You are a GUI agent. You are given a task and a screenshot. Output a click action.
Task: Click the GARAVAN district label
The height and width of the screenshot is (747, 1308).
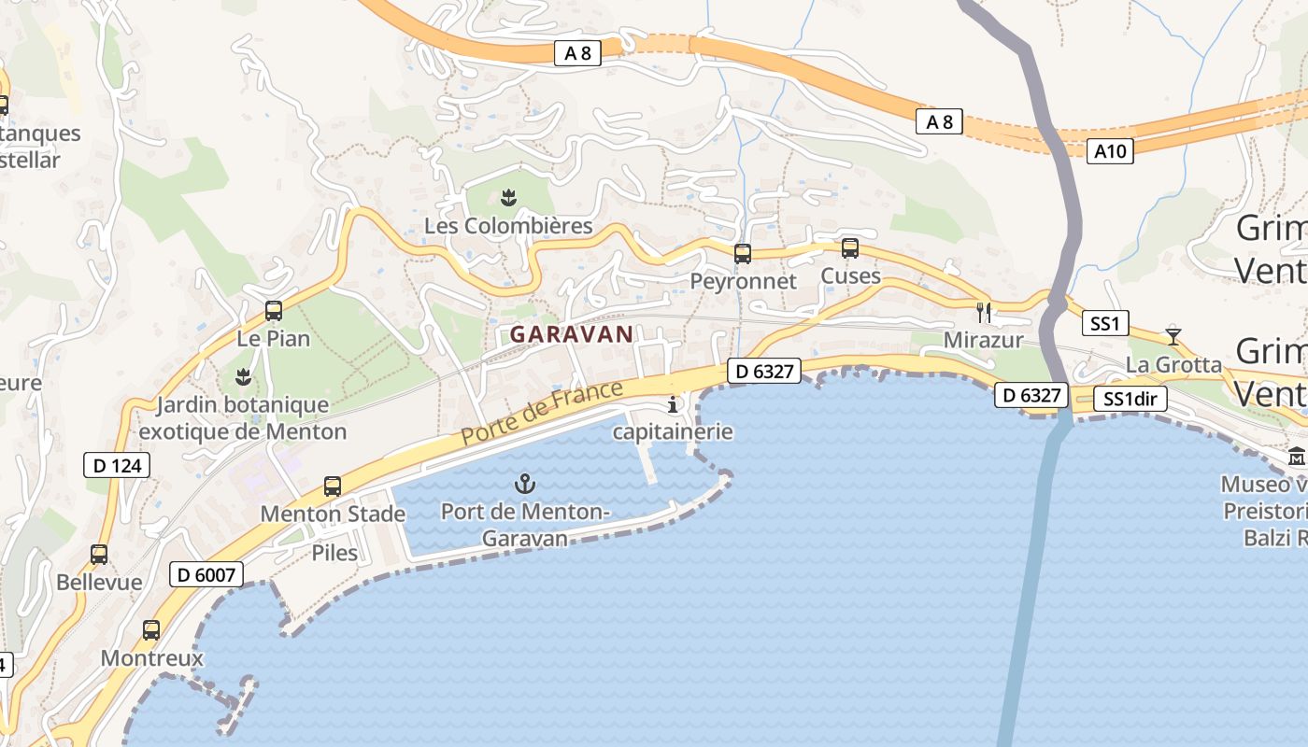pyautogui.click(x=572, y=334)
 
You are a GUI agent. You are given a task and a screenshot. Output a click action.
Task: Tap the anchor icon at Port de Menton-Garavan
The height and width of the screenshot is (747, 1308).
pyautogui.click(x=525, y=484)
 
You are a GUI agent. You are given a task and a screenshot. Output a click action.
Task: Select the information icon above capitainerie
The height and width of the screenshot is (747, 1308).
pyautogui.click(x=673, y=404)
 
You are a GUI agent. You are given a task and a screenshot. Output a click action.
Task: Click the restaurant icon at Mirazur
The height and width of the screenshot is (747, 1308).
pyautogui.click(x=983, y=312)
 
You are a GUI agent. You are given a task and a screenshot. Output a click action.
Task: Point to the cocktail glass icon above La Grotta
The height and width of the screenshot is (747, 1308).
pyautogui.click(x=1173, y=336)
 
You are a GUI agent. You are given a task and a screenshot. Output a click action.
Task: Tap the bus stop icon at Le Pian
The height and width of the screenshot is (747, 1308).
pyautogui.click(x=274, y=311)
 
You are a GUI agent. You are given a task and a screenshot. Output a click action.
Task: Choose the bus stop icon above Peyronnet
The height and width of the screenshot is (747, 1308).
pyautogui.click(x=743, y=253)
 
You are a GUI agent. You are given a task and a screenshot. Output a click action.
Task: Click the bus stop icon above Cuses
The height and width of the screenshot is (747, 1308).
pyautogui.click(x=850, y=248)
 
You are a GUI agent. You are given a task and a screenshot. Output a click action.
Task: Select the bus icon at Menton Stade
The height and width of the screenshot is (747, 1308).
pyautogui.click(x=333, y=486)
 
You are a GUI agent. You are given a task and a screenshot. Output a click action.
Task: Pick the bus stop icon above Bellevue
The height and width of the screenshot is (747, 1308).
pyautogui.click(x=99, y=555)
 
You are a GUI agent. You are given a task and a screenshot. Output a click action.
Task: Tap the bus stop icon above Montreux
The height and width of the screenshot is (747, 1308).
pyautogui.click(x=151, y=630)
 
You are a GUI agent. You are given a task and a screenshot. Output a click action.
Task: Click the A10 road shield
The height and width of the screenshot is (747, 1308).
pyautogui.click(x=1111, y=150)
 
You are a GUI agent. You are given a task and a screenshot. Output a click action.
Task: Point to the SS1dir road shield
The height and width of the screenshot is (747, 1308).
pyautogui.click(x=1130, y=400)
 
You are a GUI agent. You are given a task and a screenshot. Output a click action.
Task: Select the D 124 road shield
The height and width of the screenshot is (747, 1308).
pyautogui.click(x=117, y=464)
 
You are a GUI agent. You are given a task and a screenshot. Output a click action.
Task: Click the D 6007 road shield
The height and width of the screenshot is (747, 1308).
pyautogui.click(x=206, y=574)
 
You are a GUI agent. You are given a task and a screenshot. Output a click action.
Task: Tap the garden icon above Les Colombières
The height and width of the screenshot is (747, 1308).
pyautogui.click(x=508, y=197)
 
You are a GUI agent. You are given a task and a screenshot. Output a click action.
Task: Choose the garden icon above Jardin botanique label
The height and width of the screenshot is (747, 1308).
pyautogui.click(x=243, y=377)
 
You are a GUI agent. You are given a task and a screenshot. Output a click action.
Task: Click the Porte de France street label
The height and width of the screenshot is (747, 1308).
pyautogui.click(x=542, y=413)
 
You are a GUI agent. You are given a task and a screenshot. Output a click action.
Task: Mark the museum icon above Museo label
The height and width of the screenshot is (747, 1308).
pyautogui.click(x=1297, y=457)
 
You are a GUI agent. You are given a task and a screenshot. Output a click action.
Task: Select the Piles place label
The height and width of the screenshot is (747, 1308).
pyautogui.click(x=334, y=553)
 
